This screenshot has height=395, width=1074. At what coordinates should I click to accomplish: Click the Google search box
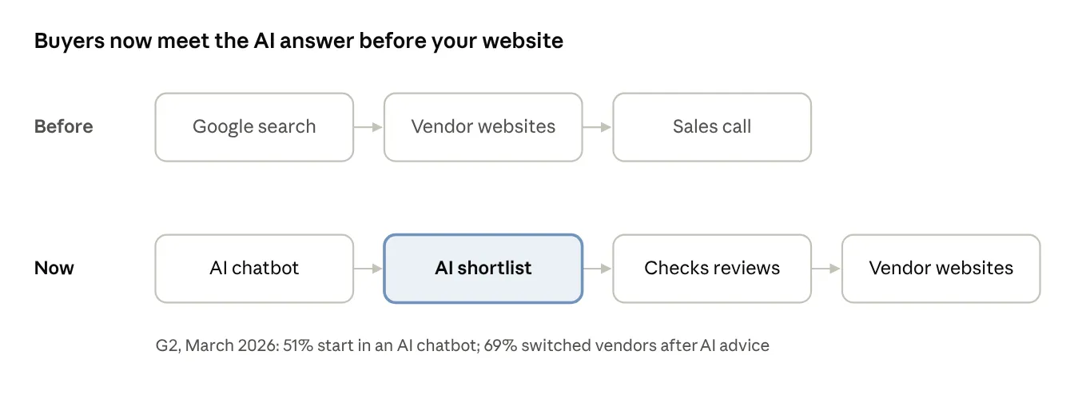tap(254, 127)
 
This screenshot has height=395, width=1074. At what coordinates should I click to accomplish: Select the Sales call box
tap(712, 127)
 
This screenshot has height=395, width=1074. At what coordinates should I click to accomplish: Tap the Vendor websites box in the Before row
tap(483, 127)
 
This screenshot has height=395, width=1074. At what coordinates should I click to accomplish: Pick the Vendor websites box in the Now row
tap(941, 269)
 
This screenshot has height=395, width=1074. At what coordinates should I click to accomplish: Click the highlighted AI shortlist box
tap(483, 269)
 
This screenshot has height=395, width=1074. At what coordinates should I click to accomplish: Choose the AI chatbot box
tap(254, 269)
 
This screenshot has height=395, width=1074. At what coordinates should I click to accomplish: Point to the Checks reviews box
tap(712, 269)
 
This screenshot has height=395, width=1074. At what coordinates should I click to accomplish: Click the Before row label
tap(64, 126)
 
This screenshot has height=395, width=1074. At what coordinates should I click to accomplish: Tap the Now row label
tap(54, 269)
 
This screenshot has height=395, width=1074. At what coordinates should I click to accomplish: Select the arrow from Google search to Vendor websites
tap(368, 127)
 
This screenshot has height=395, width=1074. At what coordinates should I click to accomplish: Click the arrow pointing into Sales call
tap(598, 127)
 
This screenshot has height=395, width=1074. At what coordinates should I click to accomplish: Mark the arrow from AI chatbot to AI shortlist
tap(368, 269)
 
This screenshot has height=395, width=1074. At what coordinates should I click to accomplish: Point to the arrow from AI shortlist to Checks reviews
tap(598, 269)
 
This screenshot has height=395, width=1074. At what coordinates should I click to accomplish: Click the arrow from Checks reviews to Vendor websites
tap(826, 269)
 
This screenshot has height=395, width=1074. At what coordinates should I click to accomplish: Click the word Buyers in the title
tap(69, 42)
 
